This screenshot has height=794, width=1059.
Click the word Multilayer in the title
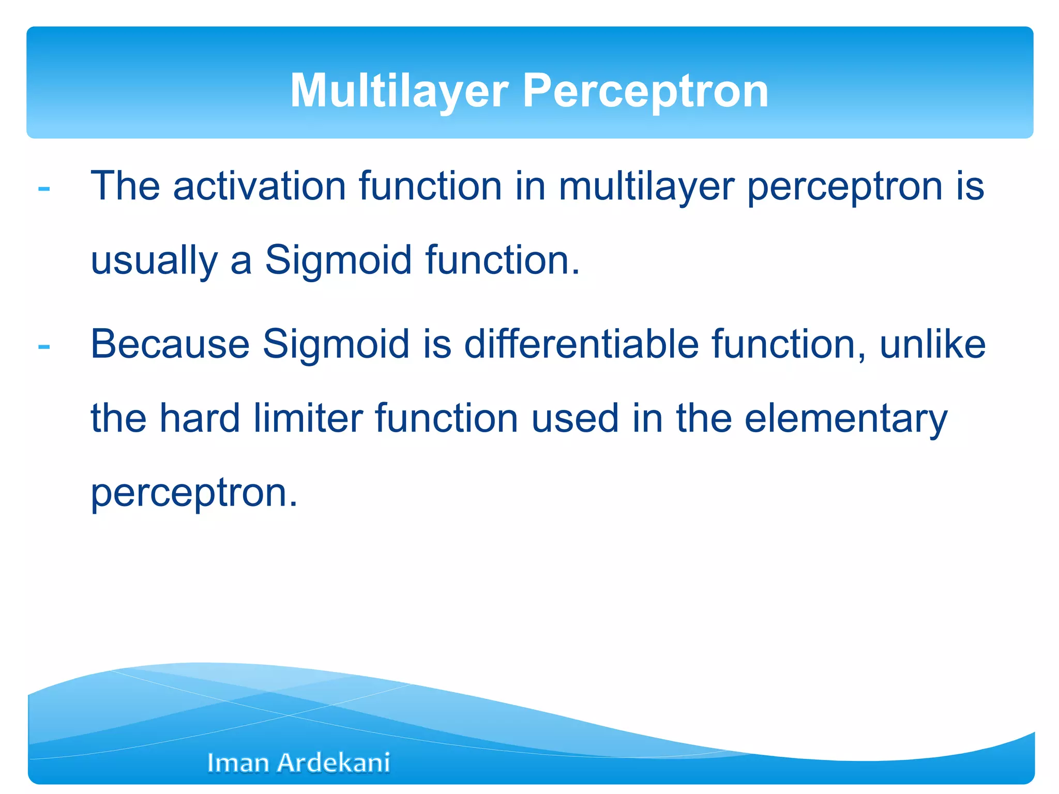point(399,91)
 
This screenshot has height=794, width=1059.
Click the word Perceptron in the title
point(645,91)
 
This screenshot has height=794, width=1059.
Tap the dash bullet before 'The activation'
point(44,189)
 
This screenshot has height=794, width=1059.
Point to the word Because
point(170,344)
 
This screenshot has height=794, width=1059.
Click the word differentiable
point(581,344)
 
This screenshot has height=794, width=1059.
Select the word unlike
point(932,344)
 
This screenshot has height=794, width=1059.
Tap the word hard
point(200,418)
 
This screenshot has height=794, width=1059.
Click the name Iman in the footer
point(237,763)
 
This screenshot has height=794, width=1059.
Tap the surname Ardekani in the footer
point(334,763)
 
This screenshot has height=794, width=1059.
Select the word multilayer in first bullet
point(646,187)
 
